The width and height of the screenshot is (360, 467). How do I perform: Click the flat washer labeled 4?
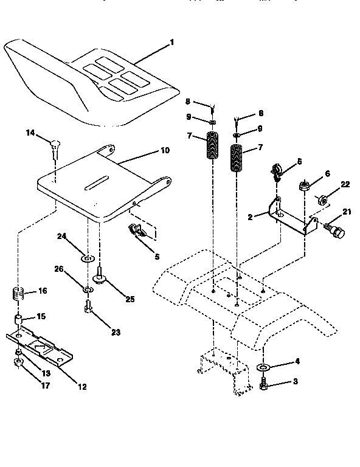pos(263,368)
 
